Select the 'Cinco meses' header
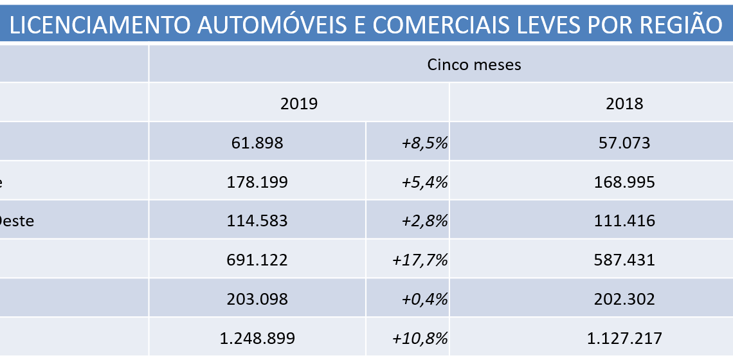(x=474, y=64)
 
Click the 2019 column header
(x=299, y=104)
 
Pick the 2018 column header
(x=624, y=104)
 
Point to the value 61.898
(x=257, y=143)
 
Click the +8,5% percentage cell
(x=424, y=143)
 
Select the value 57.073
(x=624, y=143)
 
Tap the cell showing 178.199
(x=257, y=182)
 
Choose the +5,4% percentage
(x=424, y=182)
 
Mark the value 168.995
(x=624, y=182)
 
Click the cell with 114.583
(x=257, y=221)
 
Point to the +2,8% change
(x=424, y=221)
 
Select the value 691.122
(x=257, y=260)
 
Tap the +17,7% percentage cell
(x=420, y=260)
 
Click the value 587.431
(x=624, y=260)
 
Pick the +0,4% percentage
(x=424, y=299)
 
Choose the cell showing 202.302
(x=624, y=299)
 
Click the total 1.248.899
(x=257, y=338)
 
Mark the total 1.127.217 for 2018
(x=624, y=338)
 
